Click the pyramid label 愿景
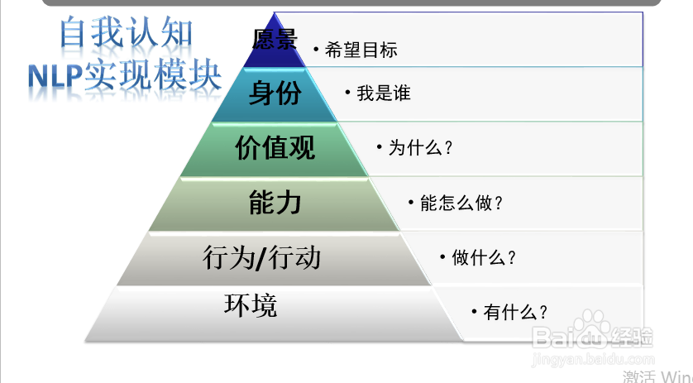(x=275, y=39)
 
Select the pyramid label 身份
(x=275, y=93)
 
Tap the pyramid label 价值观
(x=275, y=147)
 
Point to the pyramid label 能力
(x=275, y=203)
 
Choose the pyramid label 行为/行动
(x=261, y=257)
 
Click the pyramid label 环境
(x=251, y=304)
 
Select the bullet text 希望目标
(x=361, y=50)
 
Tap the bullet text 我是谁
(x=384, y=93)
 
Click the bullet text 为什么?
(x=420, y=147)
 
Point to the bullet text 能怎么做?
(x=461, y=203)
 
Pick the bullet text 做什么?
(x=484, y=257)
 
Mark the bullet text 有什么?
(x=515, y=312)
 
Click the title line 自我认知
(x=127, y=31)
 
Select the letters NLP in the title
(x=55, y=75)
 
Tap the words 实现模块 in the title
(x=152, y=74)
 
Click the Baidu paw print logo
(x=592, y=328)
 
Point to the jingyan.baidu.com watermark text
(x=593, y=359)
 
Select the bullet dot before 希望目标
(x=316, y=49)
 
